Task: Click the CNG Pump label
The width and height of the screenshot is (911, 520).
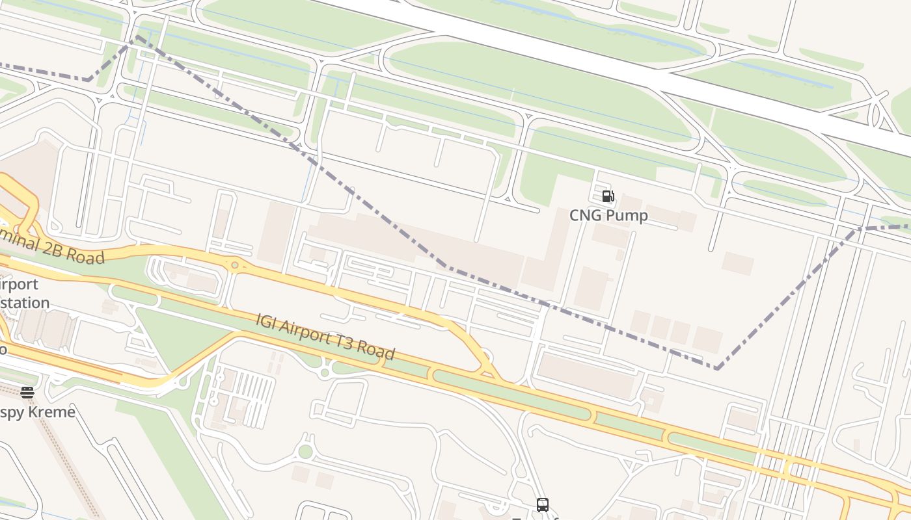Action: point(608,215)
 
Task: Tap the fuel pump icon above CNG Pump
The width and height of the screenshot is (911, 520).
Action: point(608,196)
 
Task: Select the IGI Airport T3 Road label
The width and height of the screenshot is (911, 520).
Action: point(325,337)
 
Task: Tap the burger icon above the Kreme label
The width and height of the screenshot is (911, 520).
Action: point(27,392)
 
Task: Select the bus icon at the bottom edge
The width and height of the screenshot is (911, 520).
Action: point(542,504)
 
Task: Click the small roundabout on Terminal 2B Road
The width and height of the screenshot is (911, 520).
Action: point(234,265)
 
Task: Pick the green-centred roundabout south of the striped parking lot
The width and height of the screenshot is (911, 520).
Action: point(305,452)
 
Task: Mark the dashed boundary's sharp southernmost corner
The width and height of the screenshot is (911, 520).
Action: point(717,369)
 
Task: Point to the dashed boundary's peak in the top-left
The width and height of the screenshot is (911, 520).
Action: point(137,36)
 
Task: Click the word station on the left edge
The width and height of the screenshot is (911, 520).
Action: point(26,303)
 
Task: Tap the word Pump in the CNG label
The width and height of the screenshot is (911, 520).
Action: point(628,215)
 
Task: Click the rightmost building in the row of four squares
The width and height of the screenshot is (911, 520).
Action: point(707,339)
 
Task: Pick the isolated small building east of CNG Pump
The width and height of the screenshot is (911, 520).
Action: point(737,263)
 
